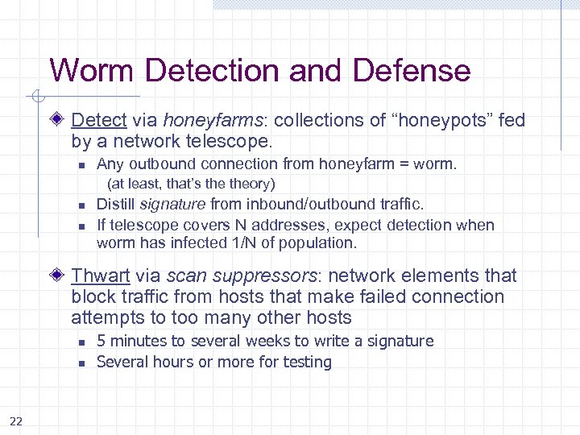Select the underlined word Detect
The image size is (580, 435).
click(x=99, y=121)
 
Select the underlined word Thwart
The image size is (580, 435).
click(x=101, y=275)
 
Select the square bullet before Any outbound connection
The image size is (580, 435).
click(x=81, y=166)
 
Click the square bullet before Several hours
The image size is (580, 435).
click(x=81, y=363)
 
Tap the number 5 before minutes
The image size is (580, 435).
click(x=101, y=341)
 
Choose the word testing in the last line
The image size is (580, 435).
click(x=306, y=362)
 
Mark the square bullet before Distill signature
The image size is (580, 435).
click(x=81, y=206)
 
